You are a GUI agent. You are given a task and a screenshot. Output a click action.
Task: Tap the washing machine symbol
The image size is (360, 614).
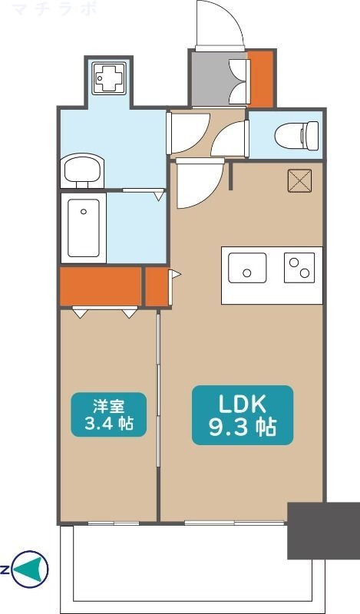[109, 78]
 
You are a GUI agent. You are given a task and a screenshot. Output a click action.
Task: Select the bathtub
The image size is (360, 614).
[84, 228]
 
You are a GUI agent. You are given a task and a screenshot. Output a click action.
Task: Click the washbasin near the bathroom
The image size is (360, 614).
[82, 170]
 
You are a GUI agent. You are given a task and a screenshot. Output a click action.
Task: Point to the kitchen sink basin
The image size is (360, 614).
[247, 267]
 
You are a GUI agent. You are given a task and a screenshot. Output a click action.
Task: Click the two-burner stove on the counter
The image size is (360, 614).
[299, 267]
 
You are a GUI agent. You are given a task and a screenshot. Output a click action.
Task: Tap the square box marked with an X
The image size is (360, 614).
[299, 180]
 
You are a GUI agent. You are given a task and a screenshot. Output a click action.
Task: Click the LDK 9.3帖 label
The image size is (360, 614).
[243, 415]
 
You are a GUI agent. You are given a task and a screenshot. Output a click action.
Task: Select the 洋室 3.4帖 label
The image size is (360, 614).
[108, 414]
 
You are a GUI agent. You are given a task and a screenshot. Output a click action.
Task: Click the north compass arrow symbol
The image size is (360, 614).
[29, 569]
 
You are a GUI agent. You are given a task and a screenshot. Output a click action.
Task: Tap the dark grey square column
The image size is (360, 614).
[324, 530]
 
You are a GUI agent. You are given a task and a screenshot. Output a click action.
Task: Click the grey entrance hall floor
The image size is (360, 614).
[210, 78]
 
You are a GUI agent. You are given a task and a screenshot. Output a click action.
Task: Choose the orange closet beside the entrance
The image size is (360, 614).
[260, 78]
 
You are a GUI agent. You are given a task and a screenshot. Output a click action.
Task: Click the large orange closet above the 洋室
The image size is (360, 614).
[101, 286]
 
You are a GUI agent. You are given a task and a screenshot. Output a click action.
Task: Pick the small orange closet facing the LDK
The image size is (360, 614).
[157, 286]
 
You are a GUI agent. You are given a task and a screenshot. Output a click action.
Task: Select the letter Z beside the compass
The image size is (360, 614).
[4, 569]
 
